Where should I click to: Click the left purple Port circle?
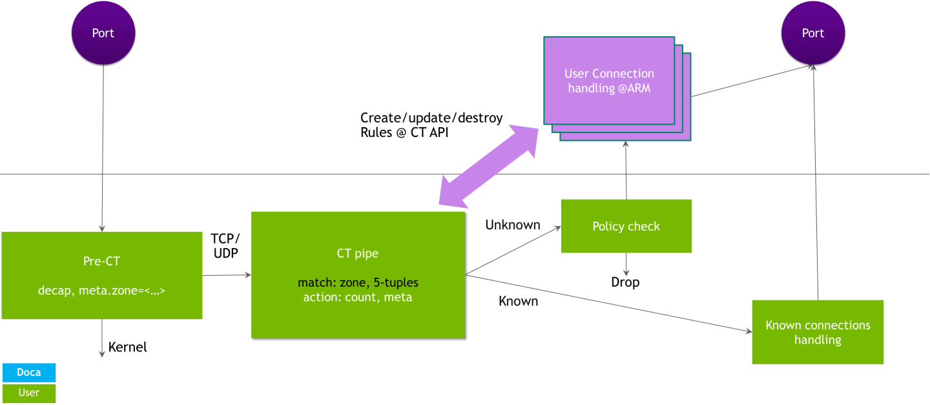pyautogui.click(x=103, y=33)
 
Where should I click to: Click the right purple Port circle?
pyautogui.click(x=812, y=33)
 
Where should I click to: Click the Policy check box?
pyautogui.click(x=626, y=226)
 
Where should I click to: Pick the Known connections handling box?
pyautogui.click(x=818, y=332)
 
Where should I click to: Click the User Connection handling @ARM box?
pyautogui.click(x=609, y=80)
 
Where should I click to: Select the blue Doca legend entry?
pyautogui.click(x=29, y=373)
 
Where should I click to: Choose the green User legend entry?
pyautogui.click(x=29, y=393)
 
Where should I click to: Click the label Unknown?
pyautogui.click(x=512, y=225)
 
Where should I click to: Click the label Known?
pyautogui.click(x=518, y=302)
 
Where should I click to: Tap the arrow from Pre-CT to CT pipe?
pyautogui.click(x=227, y=276)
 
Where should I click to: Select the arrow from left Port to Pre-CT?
pyautogui.click(x=102, y=149)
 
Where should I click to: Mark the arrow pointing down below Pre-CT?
pyautogui.click(x=101, y=338)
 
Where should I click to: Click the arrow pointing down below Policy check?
pyautogui.click(x=626, y=265)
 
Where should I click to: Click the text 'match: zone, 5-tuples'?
pyautogui.click(x=357, y=283)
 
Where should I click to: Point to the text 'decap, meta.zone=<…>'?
pyautogui.click(x=102, y=291)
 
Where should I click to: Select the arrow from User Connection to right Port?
pyautogui.click(x=749, y=81)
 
